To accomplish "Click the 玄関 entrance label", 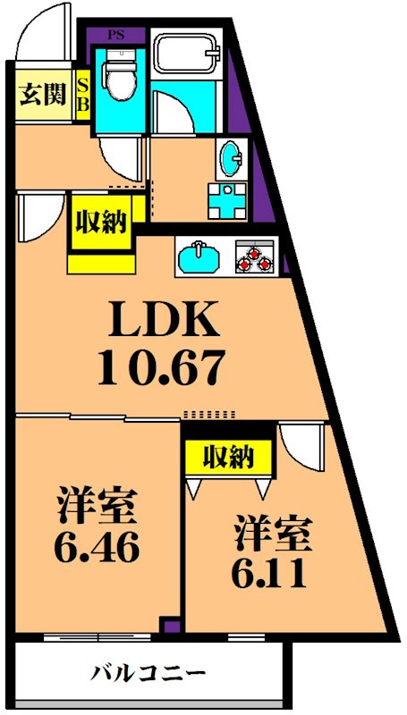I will click(x=42, y=93).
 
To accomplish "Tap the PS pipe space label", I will click(x=115, y=36).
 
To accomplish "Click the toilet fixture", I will click(x=116, y=78).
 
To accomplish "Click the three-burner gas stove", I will click(x=254, y=257).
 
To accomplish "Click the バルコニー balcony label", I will click(x=149, y=672).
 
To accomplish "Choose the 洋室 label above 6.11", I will click(x=273, y=534).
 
